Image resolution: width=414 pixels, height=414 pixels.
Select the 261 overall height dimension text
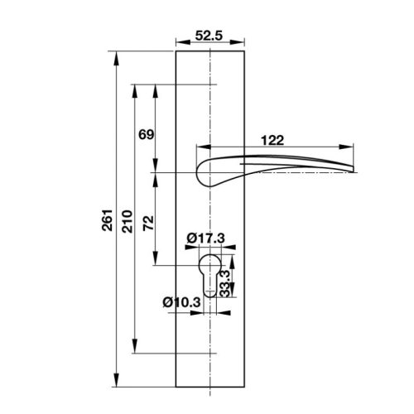(104, 219)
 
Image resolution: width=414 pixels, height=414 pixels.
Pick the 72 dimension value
(146, 222)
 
